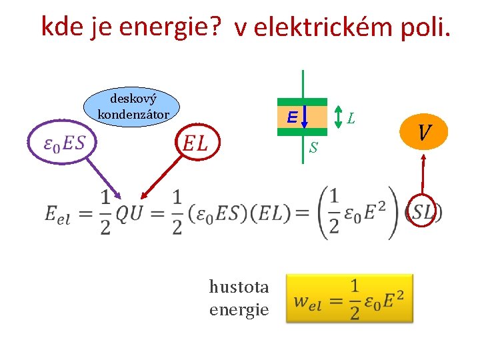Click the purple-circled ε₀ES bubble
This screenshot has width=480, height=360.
click(x=61, y=143)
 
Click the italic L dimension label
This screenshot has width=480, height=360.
click(x=351, y=119)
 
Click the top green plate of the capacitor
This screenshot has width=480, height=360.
click(x=303, y=102)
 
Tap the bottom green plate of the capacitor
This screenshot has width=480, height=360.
click(x=303, y=132)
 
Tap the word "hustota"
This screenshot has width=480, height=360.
click(x=239, y=287)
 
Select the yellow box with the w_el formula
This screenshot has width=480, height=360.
click(x=349, y=298)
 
